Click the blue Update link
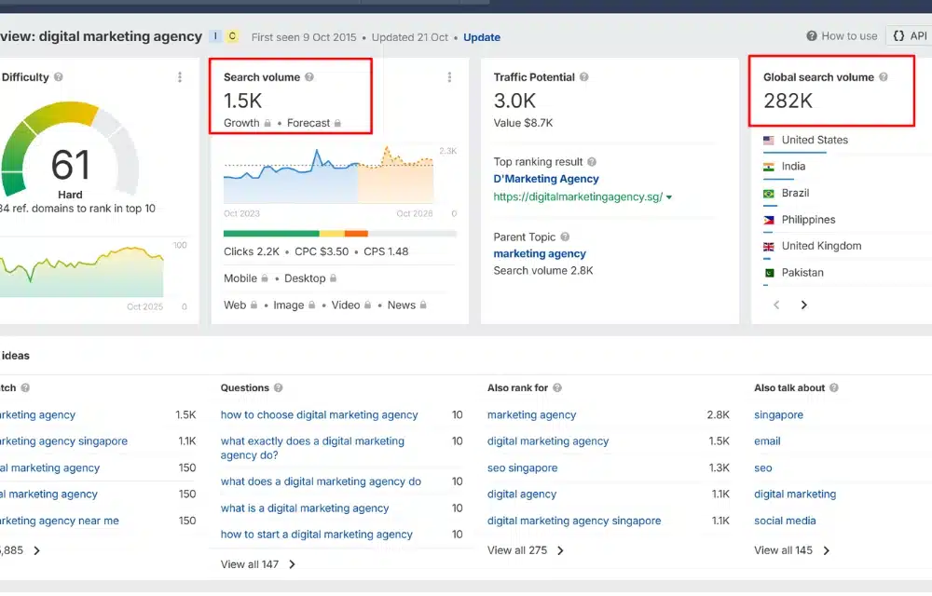point(482,37)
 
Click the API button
point(910,36)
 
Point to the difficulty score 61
point(71,165)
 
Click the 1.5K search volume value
point(243,101)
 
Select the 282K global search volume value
point(788,101)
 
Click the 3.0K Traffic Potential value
point(514,101)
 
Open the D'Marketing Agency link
point(546,179)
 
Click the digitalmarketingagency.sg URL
point(578,197)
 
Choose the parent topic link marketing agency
point(540,253)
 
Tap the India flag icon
point(769,167)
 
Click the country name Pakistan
point(802,273)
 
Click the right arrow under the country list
point(804,305)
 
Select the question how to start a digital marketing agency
point(316,535)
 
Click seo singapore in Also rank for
point(522,468)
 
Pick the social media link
point(785,521)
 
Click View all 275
point(518,550)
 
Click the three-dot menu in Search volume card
point(449,77)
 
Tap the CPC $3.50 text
point(322,251)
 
